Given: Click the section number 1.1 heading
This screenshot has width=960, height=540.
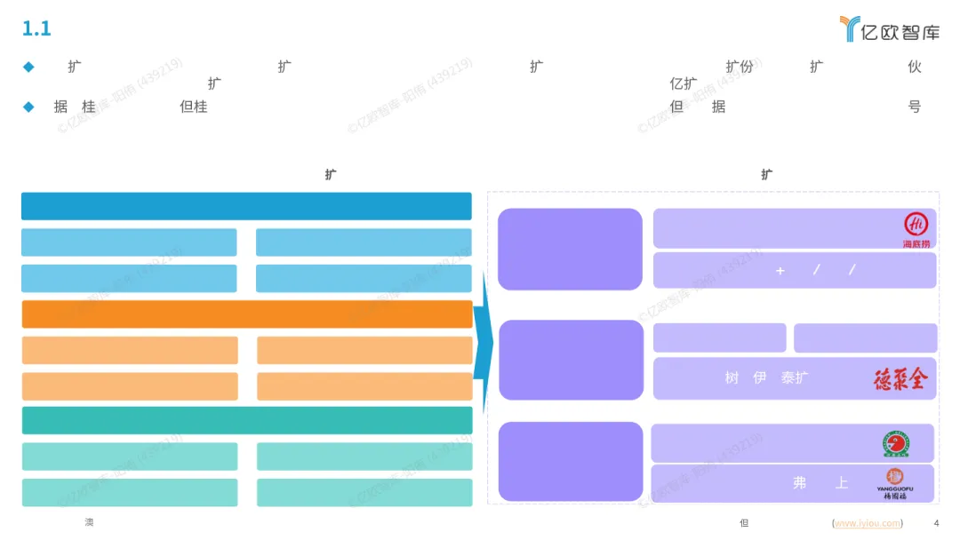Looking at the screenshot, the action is tap(36, 29).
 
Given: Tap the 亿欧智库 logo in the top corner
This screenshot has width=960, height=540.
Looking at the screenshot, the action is tap(889, 29).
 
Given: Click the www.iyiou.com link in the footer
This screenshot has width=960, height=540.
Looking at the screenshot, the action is tap(868, 523).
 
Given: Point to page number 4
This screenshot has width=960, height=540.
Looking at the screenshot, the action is tap(936, 523).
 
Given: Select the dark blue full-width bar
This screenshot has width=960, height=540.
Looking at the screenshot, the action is tap(246, 206).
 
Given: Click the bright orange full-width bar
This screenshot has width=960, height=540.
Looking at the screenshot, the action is tap(247, 314).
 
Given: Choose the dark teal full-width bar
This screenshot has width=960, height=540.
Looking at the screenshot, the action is tap(247, 420).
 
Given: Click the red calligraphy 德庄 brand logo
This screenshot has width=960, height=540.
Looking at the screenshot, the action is tap(900, 379).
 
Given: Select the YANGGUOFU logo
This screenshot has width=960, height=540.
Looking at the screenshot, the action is tap(895, 482).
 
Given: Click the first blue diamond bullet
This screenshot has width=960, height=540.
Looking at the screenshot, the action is tap(28, 67).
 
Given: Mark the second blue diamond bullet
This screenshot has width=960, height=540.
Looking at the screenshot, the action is tap(28, 107).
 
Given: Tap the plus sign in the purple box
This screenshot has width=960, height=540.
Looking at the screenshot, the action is tap(780, 271).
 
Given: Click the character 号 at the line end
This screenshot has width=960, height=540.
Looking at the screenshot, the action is tap(914, 107).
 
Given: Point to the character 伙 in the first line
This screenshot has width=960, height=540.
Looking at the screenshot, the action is tap(915, 67).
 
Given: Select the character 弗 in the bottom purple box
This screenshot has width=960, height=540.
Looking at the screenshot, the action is tap(800, 483).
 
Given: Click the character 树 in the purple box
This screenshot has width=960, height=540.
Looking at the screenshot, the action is tap(732, 377).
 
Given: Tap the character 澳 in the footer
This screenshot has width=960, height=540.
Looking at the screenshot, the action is tap(89, 522).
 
